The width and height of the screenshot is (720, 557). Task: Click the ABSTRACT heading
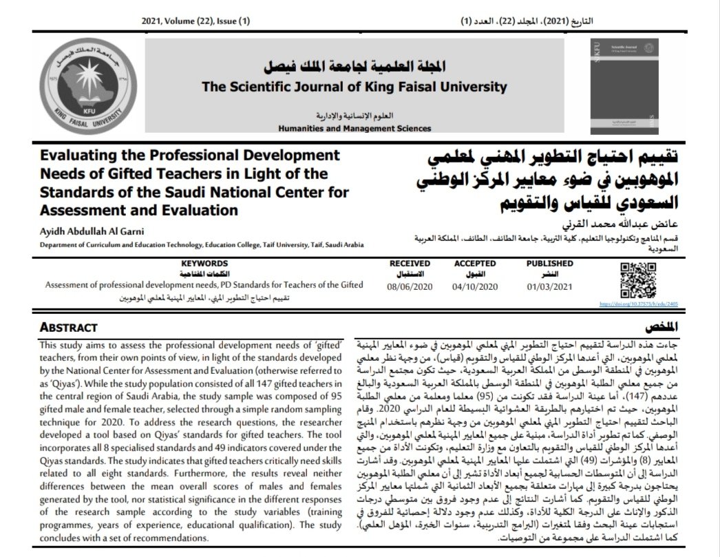pyautogui.click(x=68, y=327)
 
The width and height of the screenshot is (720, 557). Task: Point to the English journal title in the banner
pyautogui.click(x=354, y=87)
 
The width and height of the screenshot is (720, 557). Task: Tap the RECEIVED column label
pyautogui.click(x=410, y=263)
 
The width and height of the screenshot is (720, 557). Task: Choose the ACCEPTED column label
pyautogui.click(x=474, y=263)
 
